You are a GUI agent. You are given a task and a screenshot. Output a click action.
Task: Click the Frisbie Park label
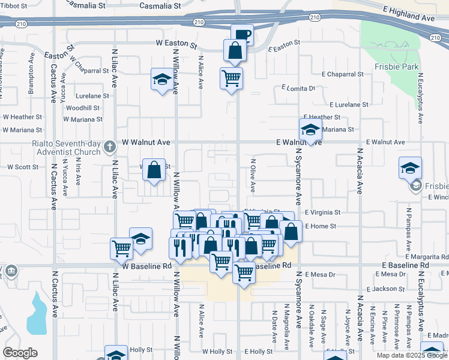[391, 67]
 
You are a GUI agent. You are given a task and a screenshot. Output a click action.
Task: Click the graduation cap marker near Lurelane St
[161, 80]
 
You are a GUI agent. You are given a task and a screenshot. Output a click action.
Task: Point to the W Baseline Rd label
[147, 265]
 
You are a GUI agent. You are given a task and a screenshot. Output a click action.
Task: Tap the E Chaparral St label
[343, 74]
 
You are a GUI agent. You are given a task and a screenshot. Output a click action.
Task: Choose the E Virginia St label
[322, 212]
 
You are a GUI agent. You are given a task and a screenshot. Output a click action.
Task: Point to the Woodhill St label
[83, 108]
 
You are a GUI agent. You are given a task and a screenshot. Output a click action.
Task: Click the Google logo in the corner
[20, 353]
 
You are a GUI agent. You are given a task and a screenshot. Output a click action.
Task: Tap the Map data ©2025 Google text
[411, 355]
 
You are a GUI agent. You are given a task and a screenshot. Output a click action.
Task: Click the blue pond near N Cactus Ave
[37, 313]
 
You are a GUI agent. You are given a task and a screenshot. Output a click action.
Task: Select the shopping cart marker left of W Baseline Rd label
[122, 247]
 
